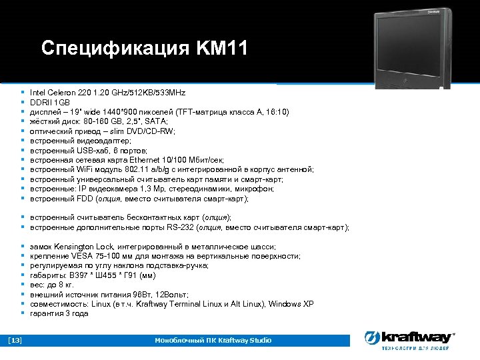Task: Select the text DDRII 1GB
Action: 49,102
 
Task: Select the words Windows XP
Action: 290,304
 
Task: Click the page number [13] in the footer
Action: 15,341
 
